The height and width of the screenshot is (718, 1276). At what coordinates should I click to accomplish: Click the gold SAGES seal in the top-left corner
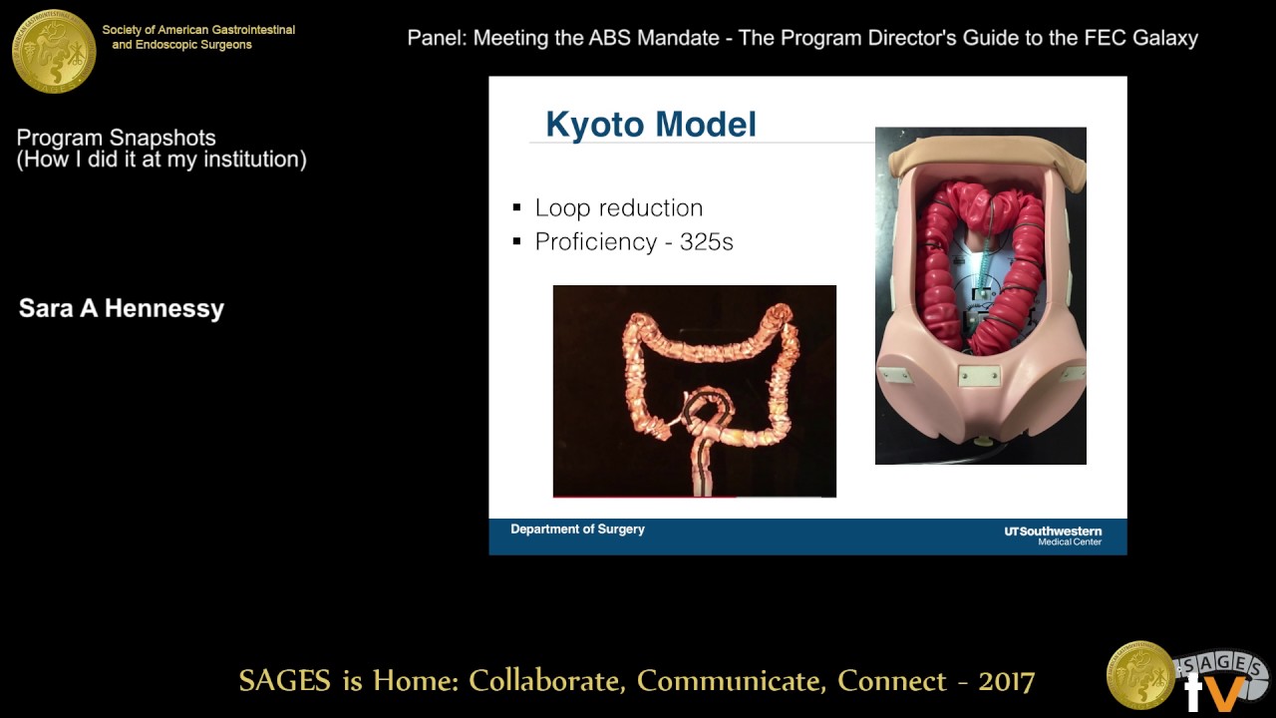(54, 50)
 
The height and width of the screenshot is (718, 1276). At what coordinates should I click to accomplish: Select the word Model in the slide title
(711, 125)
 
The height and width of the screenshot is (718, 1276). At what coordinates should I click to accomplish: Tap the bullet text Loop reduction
(618, 207)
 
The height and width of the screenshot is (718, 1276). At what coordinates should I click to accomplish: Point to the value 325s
(707, 241)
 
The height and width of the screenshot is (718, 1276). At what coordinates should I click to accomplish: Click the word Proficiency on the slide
(594, 241)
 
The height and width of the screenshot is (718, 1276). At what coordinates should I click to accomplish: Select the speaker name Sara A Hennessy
(122, 308)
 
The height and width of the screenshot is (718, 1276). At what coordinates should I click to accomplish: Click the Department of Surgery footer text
(577, 530)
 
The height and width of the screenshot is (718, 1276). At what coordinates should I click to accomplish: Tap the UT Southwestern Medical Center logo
(1053, 536)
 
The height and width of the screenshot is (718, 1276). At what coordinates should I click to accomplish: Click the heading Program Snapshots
(116, 138)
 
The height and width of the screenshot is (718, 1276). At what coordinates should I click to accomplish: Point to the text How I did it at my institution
(161, 160)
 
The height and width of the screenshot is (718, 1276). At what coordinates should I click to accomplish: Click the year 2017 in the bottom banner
(1006, 681)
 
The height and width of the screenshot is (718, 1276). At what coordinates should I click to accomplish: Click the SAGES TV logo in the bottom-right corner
(1186, 676)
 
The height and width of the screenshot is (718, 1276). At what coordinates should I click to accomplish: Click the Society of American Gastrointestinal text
(198, 30)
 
